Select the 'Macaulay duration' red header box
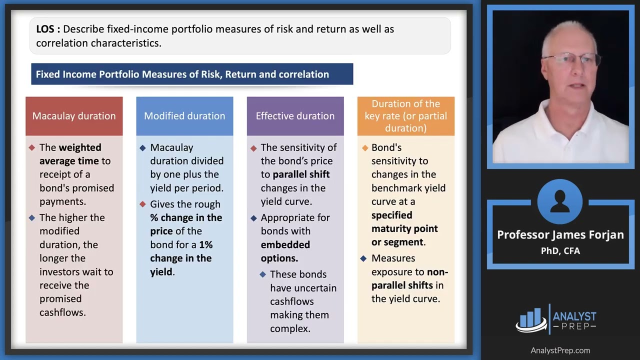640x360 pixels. [x=74, y=116]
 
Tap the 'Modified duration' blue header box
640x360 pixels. [x=184, y=116]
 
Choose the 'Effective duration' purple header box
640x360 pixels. [x=295, y=116]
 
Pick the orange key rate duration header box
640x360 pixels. [x=405, y=116]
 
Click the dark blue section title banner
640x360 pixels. [x=192, y=74]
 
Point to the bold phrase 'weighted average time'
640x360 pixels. [x=70, y=154]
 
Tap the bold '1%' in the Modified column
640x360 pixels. [x=206, y=244]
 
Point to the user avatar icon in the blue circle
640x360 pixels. [x=560, y=201]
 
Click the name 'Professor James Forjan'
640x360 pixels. [x=560, y=234]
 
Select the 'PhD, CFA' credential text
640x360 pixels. [x=560, y=250]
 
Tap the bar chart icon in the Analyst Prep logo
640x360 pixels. [x=531, y=320]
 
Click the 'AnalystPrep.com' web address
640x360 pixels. [x=560, y=350]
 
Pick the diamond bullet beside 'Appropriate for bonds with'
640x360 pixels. [x=253, y=218]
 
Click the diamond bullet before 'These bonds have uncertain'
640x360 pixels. [x=263, y=274]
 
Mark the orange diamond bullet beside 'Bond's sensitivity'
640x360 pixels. [x=364, y=148]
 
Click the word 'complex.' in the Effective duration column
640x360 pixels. [x=290, y=328]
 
